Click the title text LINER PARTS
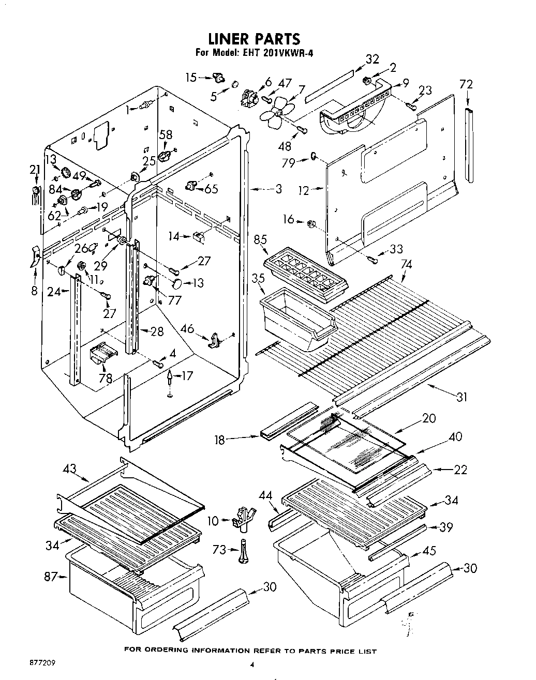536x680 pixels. [x=254, y=39]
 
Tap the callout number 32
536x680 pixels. [x=371, y=59]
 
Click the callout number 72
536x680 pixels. [x=466, y=84]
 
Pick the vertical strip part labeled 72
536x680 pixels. [x=469, y=145]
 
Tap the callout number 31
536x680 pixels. [x=461, y=397]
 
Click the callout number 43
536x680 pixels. [x=70, y=470]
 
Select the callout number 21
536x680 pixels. [x=34, y=170]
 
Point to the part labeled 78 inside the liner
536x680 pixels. [x=103, y=355]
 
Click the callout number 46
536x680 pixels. [x=187, y=328]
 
